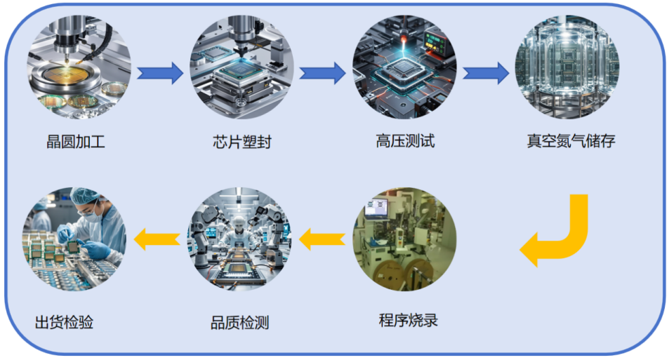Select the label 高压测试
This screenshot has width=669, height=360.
click(405, 141)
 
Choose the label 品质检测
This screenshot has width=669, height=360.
click(239, 323)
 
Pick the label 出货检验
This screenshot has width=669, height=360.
click(64, 322)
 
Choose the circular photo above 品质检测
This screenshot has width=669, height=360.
click(240, 239)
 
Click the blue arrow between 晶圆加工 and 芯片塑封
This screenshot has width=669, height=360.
click(159, 72)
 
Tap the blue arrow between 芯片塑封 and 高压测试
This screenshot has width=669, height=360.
click(322, 72)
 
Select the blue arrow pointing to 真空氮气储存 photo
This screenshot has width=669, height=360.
click(486, 72)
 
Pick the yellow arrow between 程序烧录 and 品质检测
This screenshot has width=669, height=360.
click(322, 239)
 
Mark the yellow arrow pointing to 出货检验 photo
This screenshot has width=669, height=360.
click(157, 239)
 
